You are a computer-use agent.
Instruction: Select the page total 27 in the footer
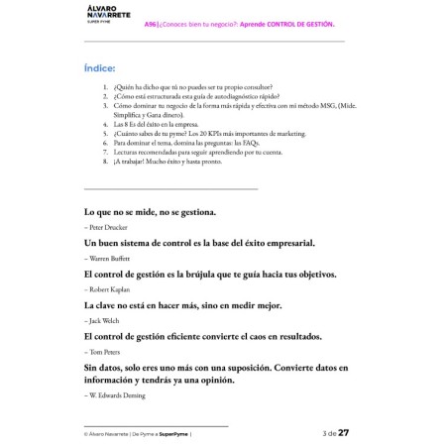point(344,432)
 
